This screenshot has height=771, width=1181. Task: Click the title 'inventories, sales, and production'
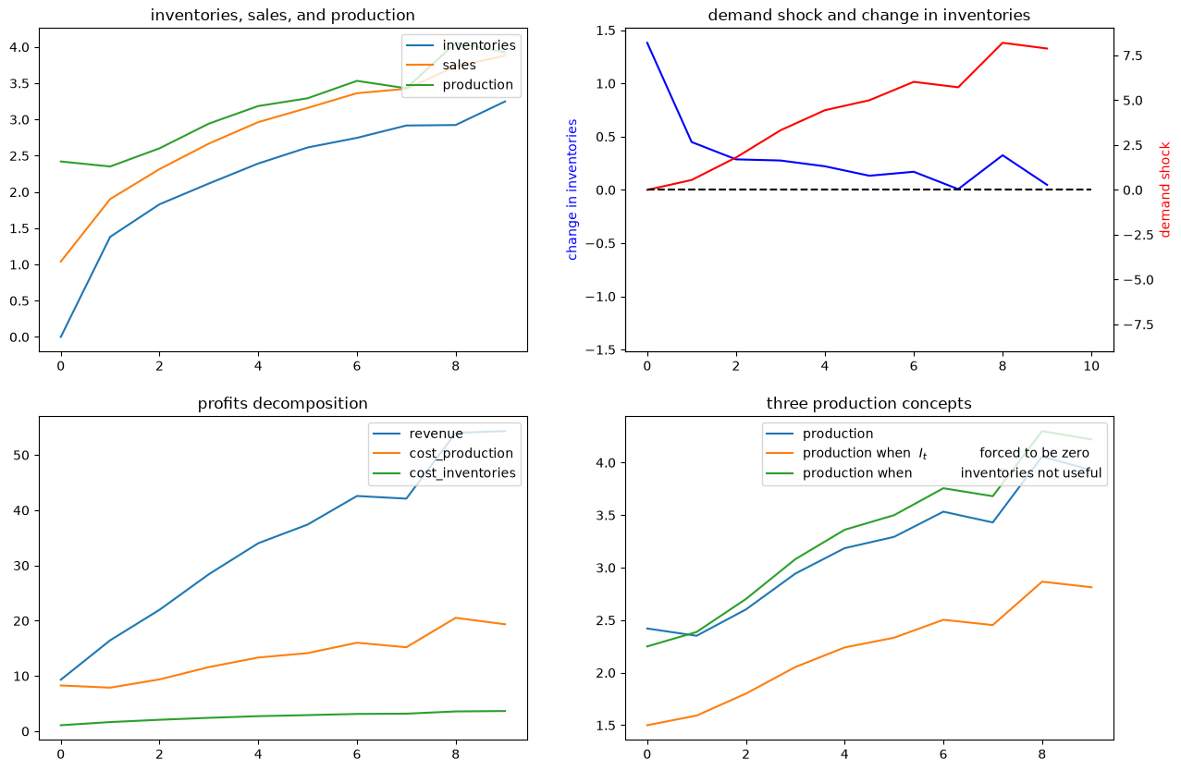pos(283,16)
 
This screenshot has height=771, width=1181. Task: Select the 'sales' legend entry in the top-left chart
pos(459,65)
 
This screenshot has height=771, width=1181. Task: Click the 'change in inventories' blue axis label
pos(572,190)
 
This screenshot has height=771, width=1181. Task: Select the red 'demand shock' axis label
pos(1165,190)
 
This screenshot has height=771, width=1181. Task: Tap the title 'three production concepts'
pos(869,404)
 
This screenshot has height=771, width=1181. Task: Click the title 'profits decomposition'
pos(283,404)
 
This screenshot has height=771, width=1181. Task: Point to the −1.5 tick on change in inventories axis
pos(600,350)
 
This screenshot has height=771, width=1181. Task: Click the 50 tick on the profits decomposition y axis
pos(21,456)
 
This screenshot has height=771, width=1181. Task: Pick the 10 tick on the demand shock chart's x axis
pos(1091,366)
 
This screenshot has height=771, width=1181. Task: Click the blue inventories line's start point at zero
pos(61,337)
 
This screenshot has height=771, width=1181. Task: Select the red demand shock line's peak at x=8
pos(1003,43)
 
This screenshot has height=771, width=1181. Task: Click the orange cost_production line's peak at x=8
pos(456,618)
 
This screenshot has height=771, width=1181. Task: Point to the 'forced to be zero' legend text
pos(1035,453)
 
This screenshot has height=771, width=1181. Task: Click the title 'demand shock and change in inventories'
pos(869,16)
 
